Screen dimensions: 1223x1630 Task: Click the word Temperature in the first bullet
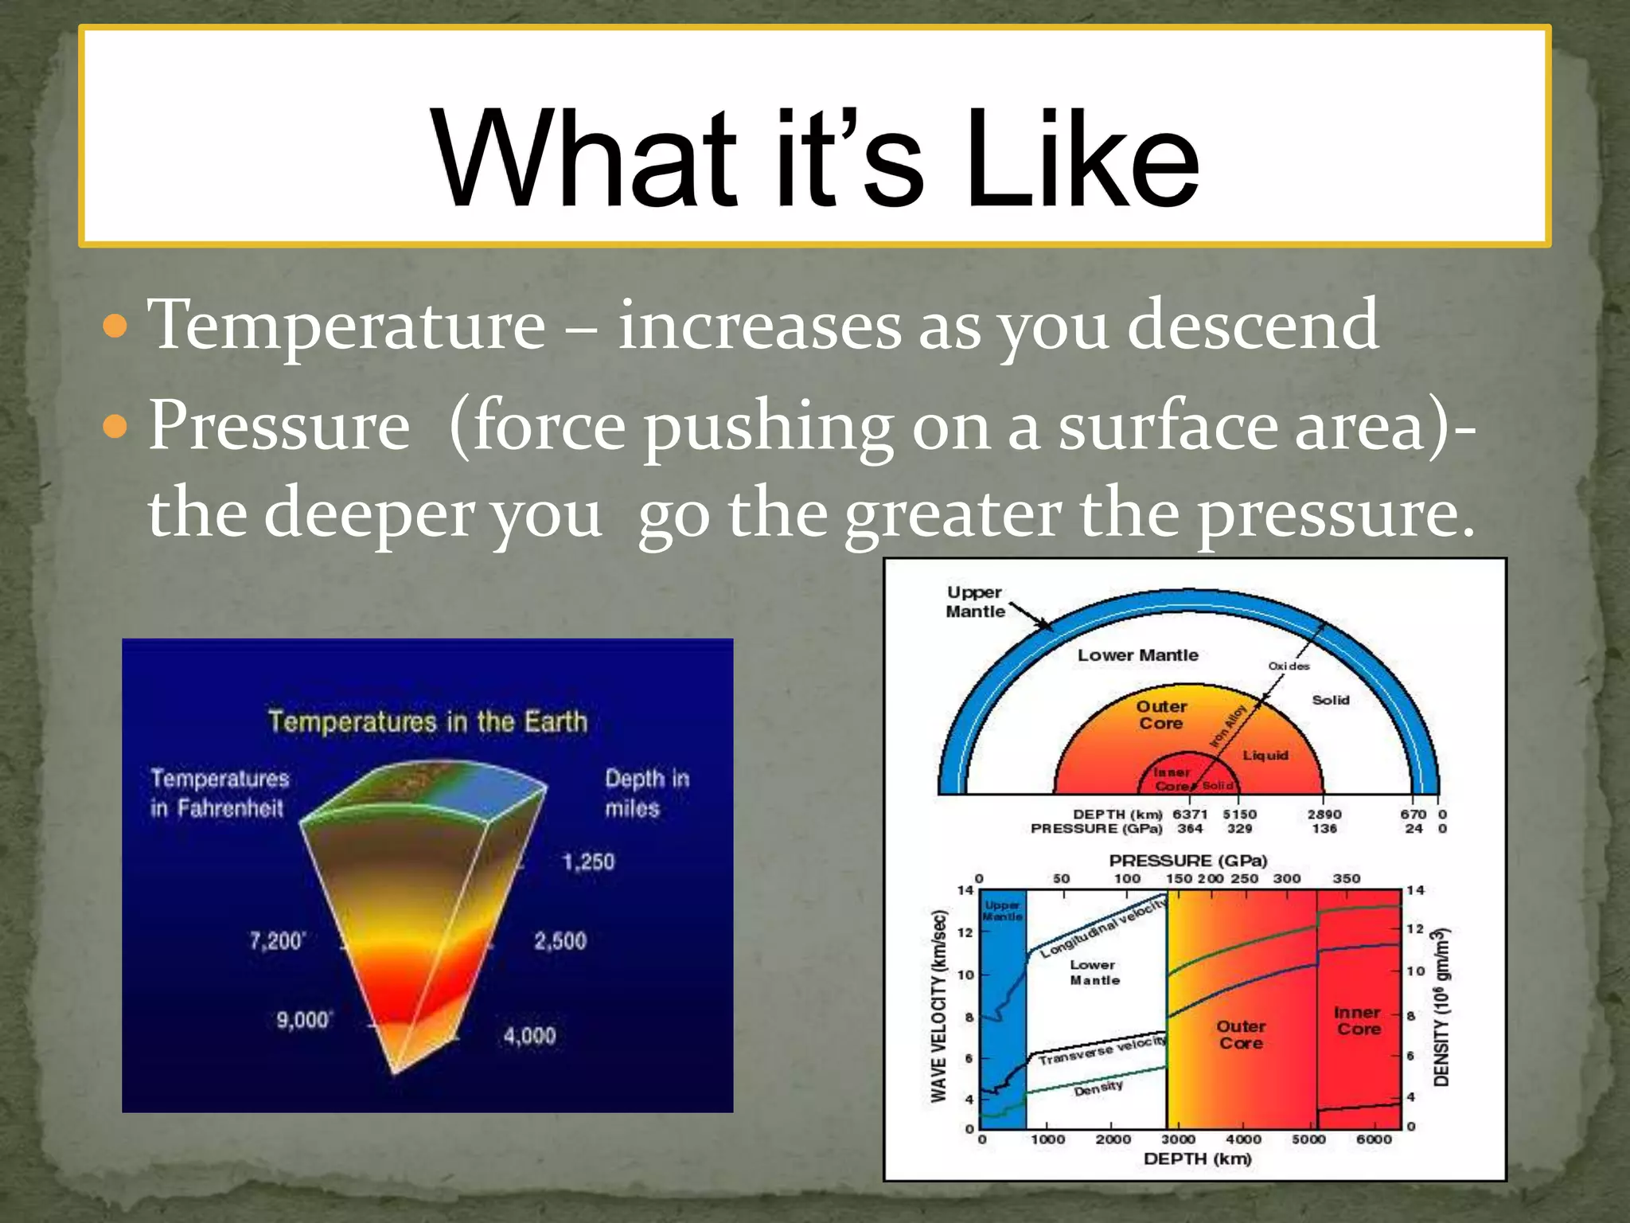pos(347,324)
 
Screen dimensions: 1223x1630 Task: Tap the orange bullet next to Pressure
pos(116,427)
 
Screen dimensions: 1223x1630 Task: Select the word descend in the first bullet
pos(1253,324)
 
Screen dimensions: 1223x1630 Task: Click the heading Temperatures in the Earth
pos(427,721)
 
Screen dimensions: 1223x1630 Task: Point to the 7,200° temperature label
pos(276,941)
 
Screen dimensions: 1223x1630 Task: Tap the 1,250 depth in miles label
pos(588,862)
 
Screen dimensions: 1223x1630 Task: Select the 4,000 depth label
pos(529,1036)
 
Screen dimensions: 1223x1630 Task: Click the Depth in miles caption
pos(645,793)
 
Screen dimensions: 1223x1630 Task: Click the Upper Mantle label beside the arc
pos(975,602)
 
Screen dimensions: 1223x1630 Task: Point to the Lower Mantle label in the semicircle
pos(1137,655)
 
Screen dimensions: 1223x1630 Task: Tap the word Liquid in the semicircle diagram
pos(1265,755)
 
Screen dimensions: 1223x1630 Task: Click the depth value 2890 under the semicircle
pos(1324,815)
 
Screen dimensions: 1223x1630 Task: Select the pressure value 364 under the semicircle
pos(1190,829)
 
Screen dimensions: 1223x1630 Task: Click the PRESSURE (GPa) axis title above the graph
pos(1187,861)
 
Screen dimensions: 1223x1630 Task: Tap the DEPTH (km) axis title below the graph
pos(1197,1159)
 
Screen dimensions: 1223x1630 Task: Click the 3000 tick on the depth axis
pos(1178,1139)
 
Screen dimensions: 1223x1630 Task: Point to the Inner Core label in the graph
pos(1358,1021)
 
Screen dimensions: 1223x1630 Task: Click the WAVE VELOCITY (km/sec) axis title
pos(939,1006)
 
